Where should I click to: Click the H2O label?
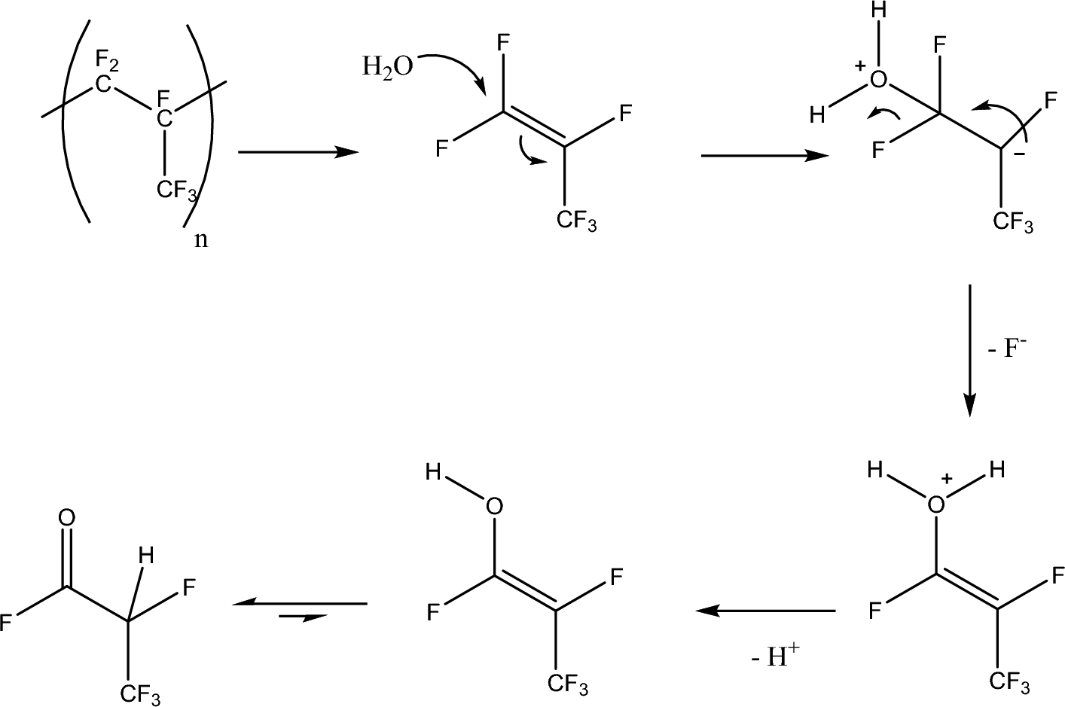[x=387, y=67]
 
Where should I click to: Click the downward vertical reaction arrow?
[x=969, y=350]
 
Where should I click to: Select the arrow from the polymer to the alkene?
[x=298, y=152]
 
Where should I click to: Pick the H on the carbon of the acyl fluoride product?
[x=145, y=556]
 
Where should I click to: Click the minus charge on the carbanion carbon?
[x=1020, y=154]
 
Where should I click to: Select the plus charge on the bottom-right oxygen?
[x=948, y=478]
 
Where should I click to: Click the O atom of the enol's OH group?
[x=493, y=506]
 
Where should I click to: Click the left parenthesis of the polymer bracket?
[x=74, y=120]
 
